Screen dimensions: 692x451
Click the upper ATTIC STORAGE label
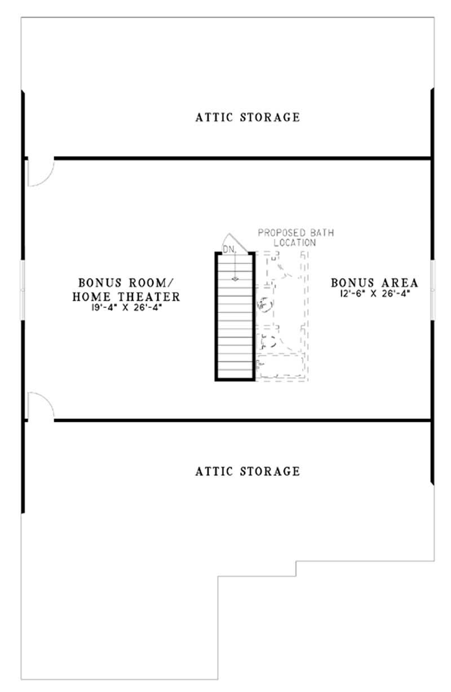click(x=247, y=117)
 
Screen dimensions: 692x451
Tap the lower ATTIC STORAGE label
click(x=247, y=470)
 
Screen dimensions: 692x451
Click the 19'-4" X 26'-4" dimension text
click(x=129, y=307)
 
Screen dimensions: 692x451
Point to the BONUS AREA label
click(x=374, y=282)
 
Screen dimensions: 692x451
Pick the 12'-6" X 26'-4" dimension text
click(x=374, y=293)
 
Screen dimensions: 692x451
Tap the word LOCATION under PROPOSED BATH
click(x=294, y=242)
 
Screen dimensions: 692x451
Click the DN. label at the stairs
click(x=228, y=248)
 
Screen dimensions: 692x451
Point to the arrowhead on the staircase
click(x=235, y=279)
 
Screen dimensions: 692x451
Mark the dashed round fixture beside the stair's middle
click(x=264, y=305)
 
